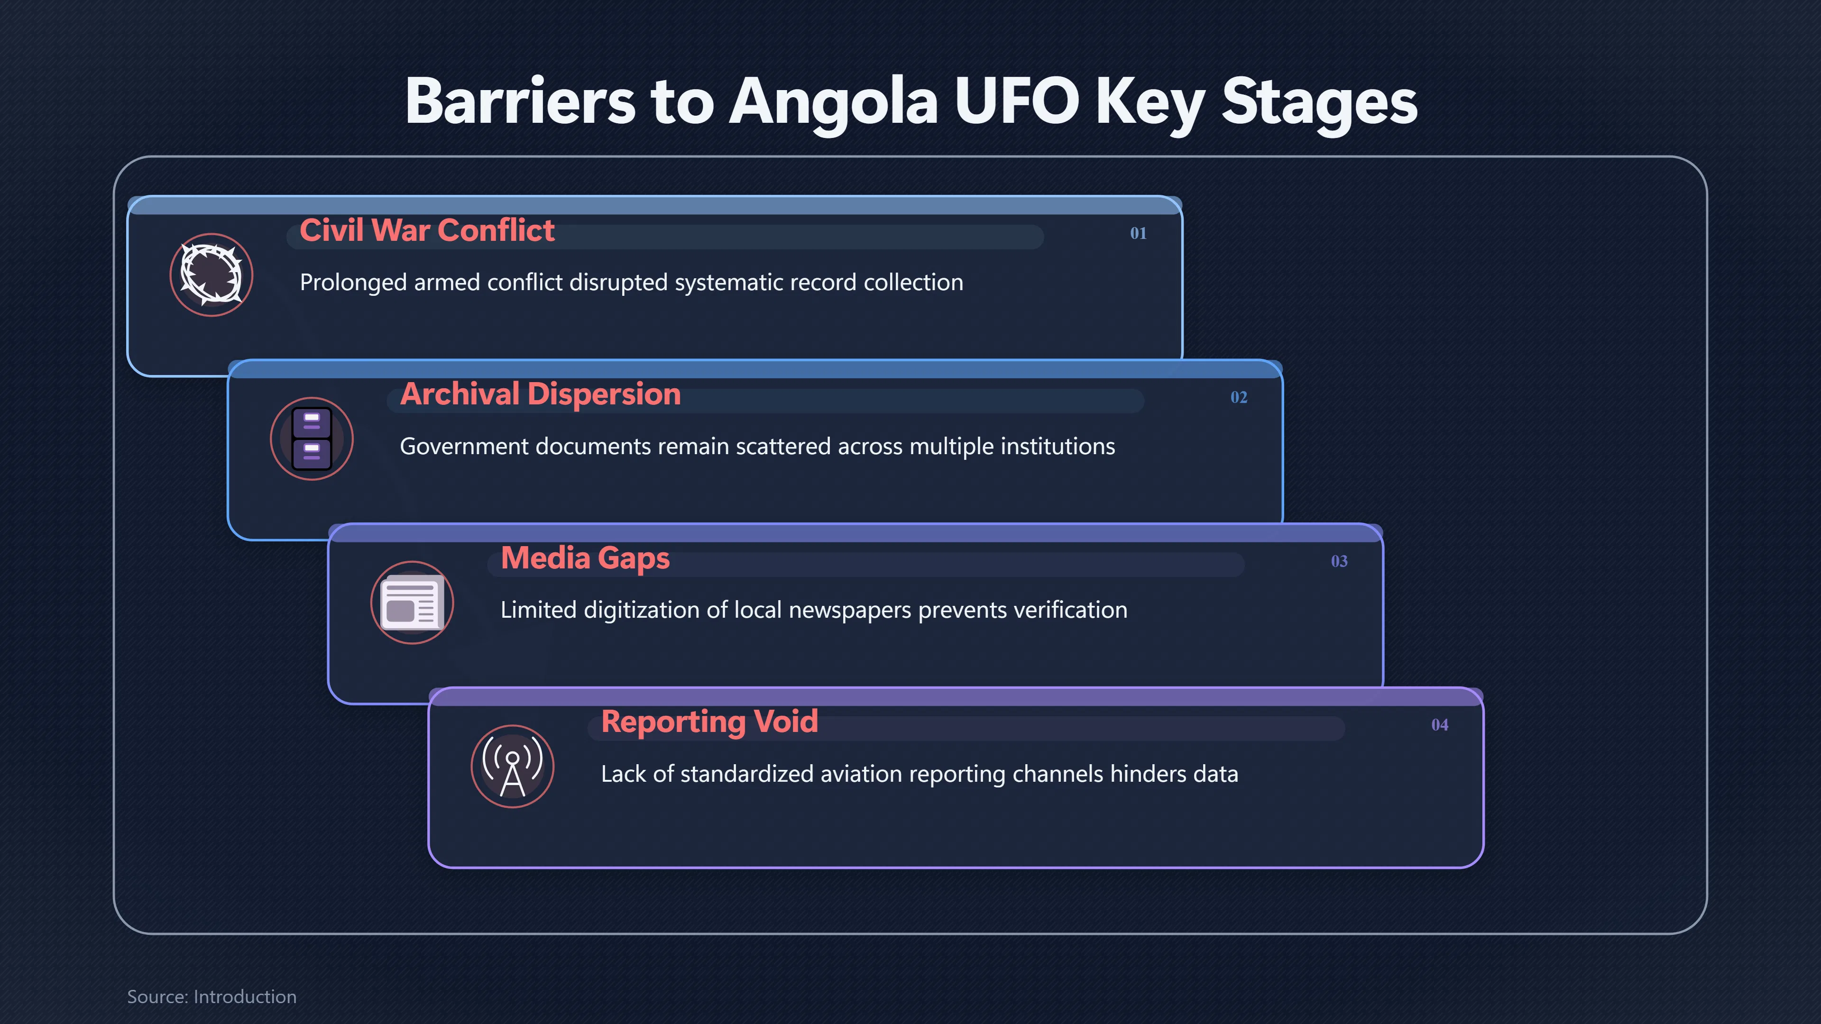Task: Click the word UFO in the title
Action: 1017,101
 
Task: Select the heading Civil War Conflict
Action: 427,230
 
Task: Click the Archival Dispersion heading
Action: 540,394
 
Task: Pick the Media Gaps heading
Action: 585,559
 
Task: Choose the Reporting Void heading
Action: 709,722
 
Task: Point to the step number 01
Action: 1138,233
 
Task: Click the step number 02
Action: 1239,397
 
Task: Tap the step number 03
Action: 1339,561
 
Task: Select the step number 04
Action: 1439,725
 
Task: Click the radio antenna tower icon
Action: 513,767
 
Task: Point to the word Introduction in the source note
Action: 245,997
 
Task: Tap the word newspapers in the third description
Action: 850,611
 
